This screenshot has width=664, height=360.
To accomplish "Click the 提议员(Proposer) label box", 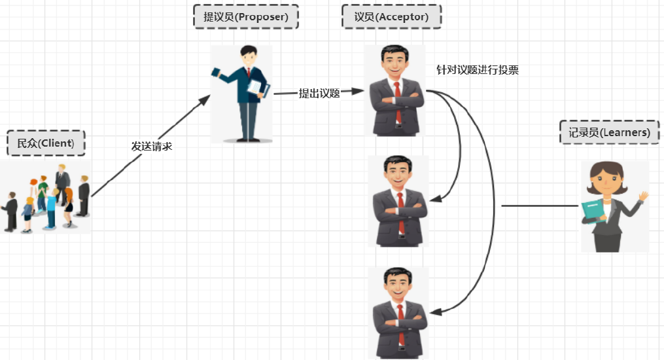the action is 245,17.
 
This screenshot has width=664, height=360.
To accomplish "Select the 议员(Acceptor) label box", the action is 391,17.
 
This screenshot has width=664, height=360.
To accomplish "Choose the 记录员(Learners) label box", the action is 608,132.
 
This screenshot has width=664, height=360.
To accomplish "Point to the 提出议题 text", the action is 319,93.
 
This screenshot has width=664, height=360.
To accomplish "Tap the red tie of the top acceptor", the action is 397,101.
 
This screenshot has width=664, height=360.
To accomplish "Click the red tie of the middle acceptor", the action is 400,213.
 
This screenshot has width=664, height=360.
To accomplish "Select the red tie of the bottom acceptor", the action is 400,324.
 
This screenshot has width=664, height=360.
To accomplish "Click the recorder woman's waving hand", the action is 643,196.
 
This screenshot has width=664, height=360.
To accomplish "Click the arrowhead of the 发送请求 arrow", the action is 205,99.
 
